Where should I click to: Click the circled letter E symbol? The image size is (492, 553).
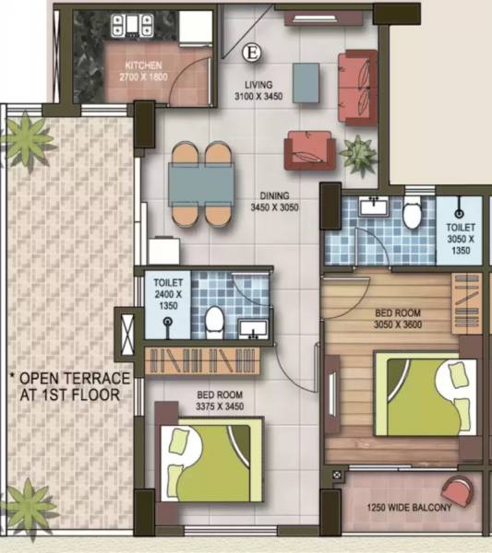(x=248, y=53)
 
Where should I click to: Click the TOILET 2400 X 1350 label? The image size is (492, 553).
(x=169, y=291)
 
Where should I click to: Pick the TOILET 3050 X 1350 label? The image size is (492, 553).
(x=461, y=237)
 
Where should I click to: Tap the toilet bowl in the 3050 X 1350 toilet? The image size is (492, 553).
(x=414, y=215)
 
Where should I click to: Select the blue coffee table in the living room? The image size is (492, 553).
(x=307, y=82)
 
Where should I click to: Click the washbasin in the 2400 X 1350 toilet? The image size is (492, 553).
(x=252, y=326)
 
